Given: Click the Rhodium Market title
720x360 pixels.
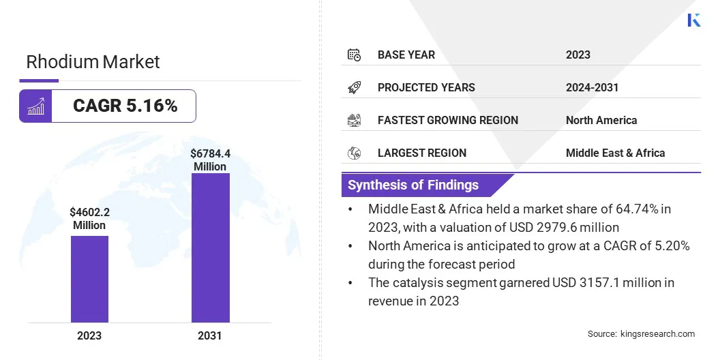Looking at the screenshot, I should pyautogui.click(x=93, y=62).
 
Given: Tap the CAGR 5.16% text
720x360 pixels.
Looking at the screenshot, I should pyautogui.click(x=125, y=106).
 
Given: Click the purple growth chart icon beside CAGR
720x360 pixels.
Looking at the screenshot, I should pyautogui.click(x=35, y=106).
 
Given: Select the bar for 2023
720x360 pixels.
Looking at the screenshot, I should pyautogui.click(x=89, y=279).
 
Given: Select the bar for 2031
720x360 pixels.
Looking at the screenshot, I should pyautogui.click(x=210, y=247).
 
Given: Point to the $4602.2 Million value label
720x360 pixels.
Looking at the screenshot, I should pyautogui.click(x=89, y=218).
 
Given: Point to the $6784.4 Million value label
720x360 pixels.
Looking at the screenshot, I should pyautogui.click(x=210, y=160).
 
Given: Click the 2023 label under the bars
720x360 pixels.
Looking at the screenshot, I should pyautogui.click(x=89, y=335).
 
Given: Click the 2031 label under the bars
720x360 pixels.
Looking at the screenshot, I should pyautogui.click(x=210, y=335).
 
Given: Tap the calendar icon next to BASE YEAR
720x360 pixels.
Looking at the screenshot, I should pyautogui.click(x=354, y=55).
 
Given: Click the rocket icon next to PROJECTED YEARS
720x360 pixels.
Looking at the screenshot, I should pyautogui.click(x=354, y=87).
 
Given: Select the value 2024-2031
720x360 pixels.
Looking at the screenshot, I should pyautogui.click(x=592, y=87).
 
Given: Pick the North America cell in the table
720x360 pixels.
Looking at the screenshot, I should pyautogui.click(x=601, y=120).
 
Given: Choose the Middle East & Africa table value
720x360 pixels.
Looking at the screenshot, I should pyautogui.click(x=615, y=153).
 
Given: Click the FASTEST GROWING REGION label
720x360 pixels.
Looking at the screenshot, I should pyautogui.click(x=448, y=120).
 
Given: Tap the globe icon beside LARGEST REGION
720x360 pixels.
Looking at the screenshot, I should pyautogui.click(x=354, y=153).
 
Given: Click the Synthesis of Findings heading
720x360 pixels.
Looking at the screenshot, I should pyautogui.click(x=413, y=185).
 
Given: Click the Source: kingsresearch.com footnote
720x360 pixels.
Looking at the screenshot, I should pyautogui.click(x=641, y=333).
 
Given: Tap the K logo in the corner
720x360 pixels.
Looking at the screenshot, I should pyautogui.click(x=693, y=20).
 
